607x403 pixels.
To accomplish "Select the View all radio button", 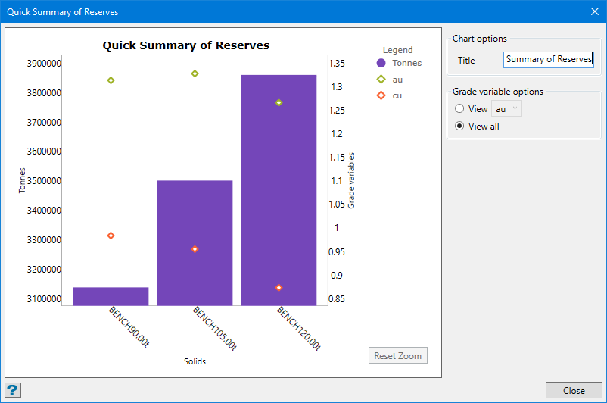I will pos(459,127).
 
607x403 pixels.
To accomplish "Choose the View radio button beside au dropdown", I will pos(459,109).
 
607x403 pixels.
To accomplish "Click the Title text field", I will pos(549,60).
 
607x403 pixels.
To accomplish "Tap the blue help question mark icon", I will pos(13,390).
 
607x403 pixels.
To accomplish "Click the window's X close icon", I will pos(594,11).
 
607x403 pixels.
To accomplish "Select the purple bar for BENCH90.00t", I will pos(111,296).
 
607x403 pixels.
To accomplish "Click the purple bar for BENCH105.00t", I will pos(195,242).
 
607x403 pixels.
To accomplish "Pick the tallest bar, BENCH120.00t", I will pos(279,189).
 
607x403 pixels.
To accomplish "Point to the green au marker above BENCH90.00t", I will pos(111,80).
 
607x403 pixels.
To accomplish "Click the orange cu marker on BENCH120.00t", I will pos(279,288).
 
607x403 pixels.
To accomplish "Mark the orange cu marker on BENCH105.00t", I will pos(195,249).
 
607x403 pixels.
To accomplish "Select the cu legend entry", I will pos(397,95).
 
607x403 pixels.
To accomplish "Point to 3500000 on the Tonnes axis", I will pos(43,181).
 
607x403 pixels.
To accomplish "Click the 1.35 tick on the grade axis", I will pos(337,63).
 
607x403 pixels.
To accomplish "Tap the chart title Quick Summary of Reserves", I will pos(186,45).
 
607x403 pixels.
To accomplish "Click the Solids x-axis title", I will pos(195,361).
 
